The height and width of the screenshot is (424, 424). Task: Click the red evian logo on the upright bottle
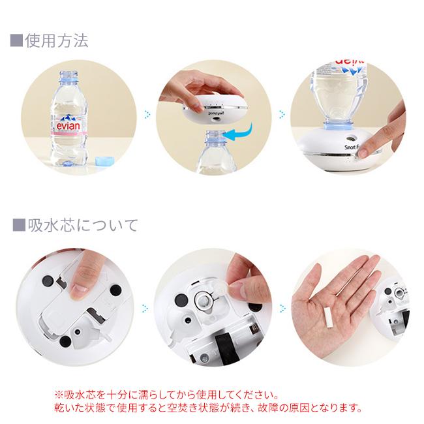tap(68, 126)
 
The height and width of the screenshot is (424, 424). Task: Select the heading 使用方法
tap(57, 41)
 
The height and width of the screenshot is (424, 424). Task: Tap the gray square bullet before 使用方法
tap(16, 41)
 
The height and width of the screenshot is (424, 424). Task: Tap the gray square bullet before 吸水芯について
tap(19, 226)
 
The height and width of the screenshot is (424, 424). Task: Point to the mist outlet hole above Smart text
tap(350, 138)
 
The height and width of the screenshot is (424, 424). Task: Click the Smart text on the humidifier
tap(351, 147)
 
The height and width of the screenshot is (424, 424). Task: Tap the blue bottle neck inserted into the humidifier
tap(337, 125)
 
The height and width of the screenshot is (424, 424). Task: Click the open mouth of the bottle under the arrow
tap(215, 133)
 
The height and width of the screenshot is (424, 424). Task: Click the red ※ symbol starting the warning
tap(59, 395)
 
